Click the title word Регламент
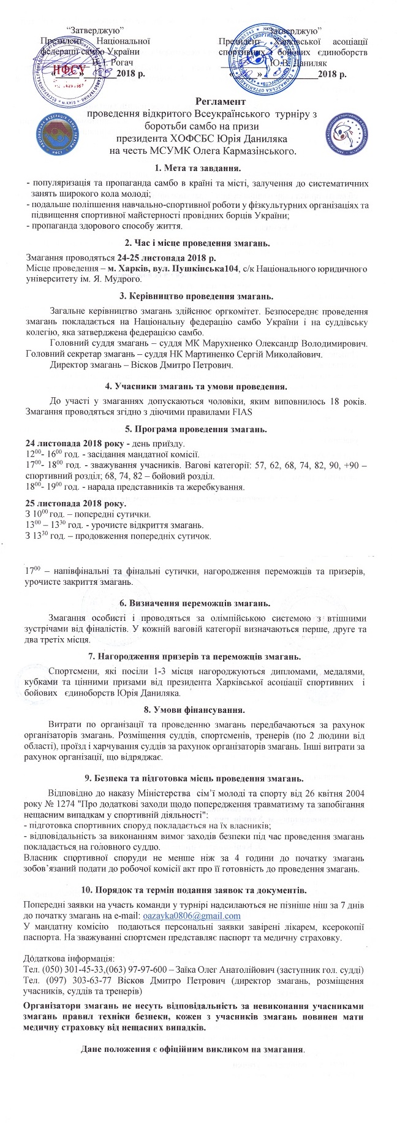pos(221,101)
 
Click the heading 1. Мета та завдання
pos(198,167)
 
